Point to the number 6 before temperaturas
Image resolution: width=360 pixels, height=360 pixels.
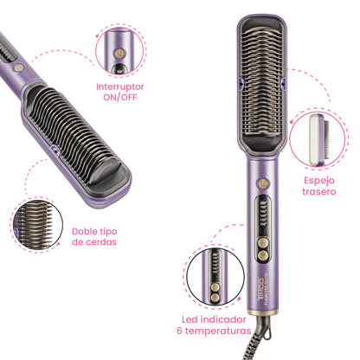click(178, 331)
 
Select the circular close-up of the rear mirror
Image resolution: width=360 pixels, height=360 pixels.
click(322, 136)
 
